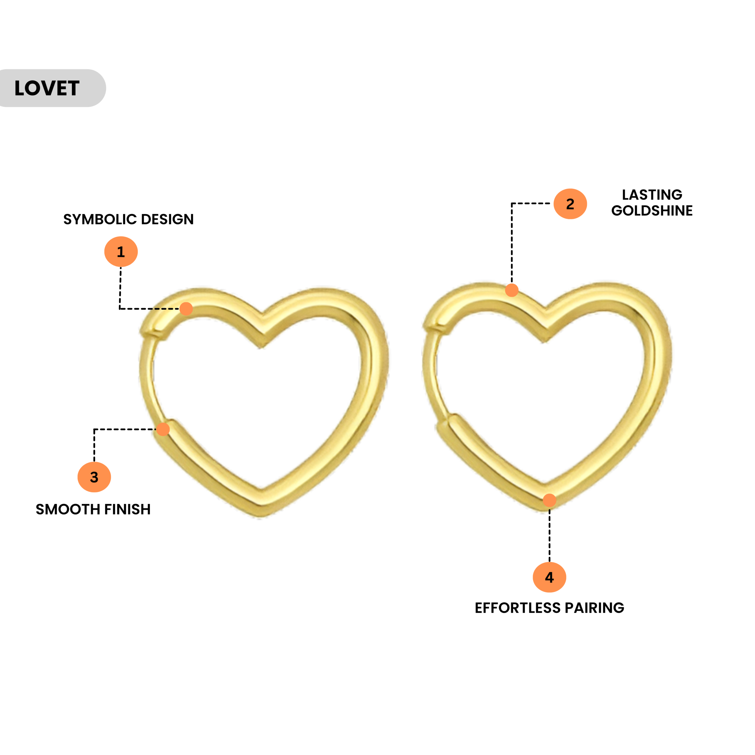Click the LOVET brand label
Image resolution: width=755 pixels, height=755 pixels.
pyautogui.click(x=47, y=88)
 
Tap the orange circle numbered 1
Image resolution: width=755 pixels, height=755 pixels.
pyautogui.click(x=121, y=252)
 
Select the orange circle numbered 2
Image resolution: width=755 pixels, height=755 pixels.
pyautogui.click(x=570, y=203)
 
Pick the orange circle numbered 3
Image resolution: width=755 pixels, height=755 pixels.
pyautogui.click(x=94, y=477)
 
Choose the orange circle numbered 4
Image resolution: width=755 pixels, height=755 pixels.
pyautogui.click(x=549, y=577)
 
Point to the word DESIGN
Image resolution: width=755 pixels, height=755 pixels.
pyautogui.click(x=167, y=219)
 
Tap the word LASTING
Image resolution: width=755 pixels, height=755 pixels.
pyautogui.click(x=652, y=195)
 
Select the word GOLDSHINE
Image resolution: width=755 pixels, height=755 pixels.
pyautogui.click(x=652, y=211)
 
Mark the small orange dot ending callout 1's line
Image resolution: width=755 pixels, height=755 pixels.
pyautogui.click(x=186, y=309)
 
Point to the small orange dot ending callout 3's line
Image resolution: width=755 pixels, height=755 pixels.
pyautogui.click(x=163, y=429)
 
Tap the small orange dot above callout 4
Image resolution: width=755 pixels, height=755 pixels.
pyautogui.click(x=549, y=500)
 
